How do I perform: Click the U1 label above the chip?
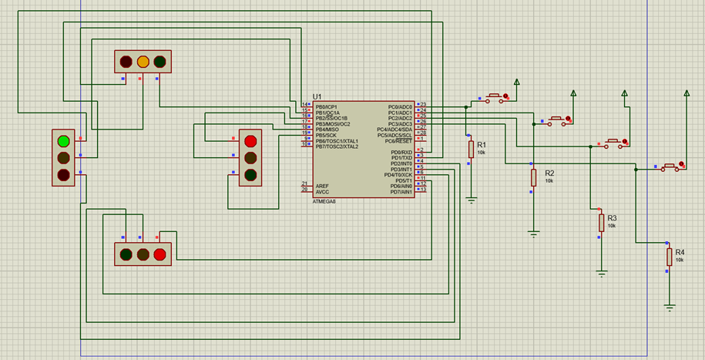[x=317, y=96]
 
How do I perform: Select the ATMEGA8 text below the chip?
[x=324, y=201]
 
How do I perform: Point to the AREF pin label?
[x=321, y=186]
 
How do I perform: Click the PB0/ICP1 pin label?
[x=327, y=106]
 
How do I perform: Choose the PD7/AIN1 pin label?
[x=401, y=191]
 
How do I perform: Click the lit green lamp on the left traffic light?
[x=63, y=140]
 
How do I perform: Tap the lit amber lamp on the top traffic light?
[x=143, y=61]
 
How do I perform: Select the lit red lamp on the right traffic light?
[x=250, y=141]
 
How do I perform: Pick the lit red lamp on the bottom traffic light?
[x=160, y=254]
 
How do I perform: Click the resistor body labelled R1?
[x=471, y=150]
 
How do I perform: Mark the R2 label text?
[x=549, y=173]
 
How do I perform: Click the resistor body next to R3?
[x=602, y=223]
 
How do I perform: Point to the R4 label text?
[x=680, y=252]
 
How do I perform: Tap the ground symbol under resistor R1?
[x=471, y=200]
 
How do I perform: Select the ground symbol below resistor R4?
[x=670, y=307]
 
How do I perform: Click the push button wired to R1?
[x=495, y=97]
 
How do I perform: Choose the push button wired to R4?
[x=671, y=166]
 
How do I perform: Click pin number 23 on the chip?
[x=423, y=104]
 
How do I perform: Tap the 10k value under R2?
[x=549, y=181]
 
